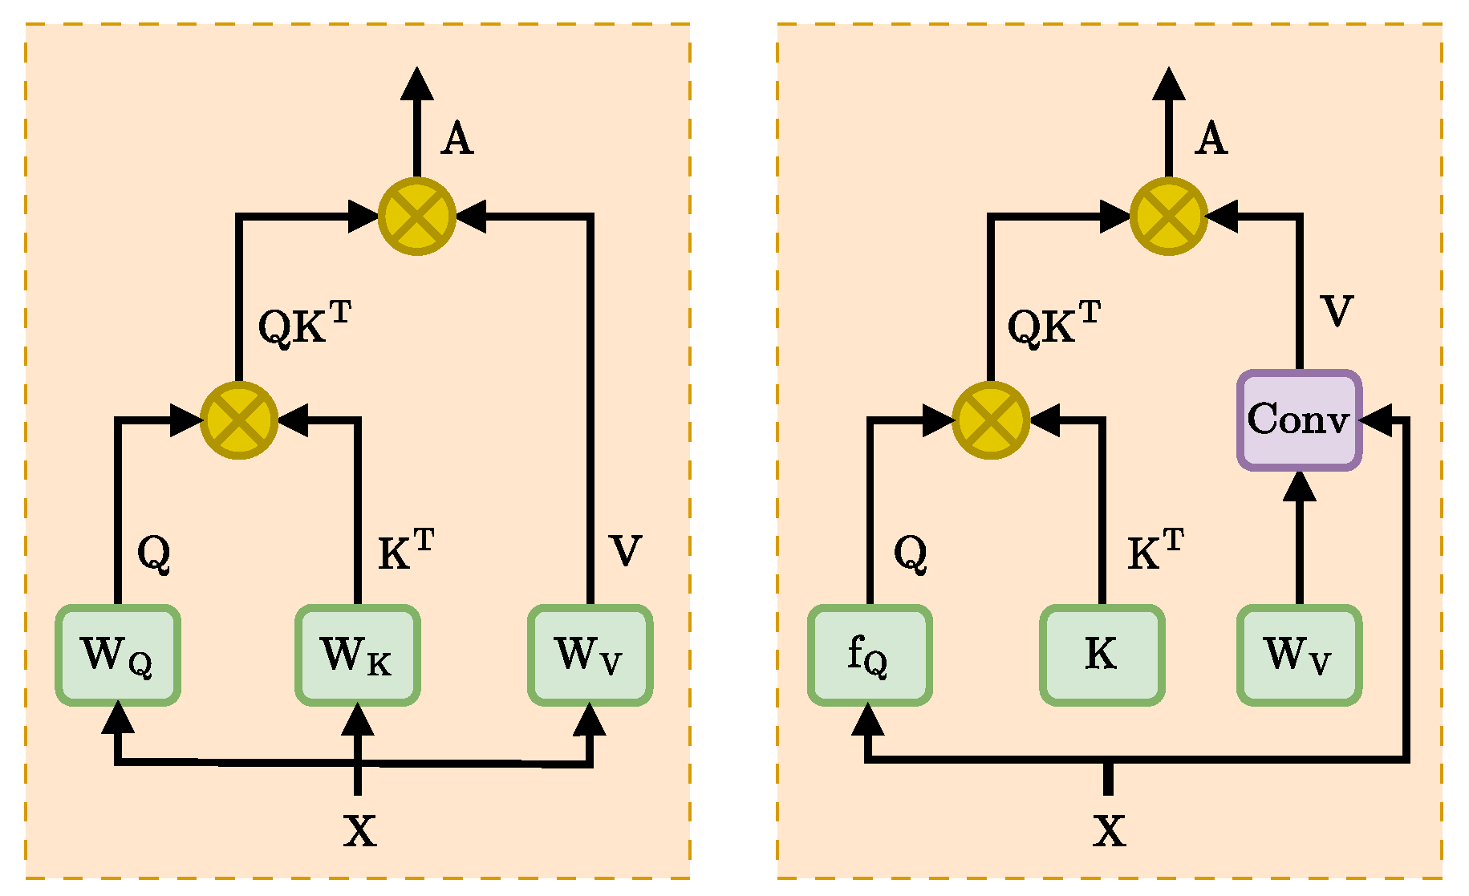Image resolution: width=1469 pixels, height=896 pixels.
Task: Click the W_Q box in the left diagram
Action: pyautogui.click(x=118, y=655)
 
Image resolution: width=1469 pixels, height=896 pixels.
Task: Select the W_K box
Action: pyautogui.click(x=357, y=655)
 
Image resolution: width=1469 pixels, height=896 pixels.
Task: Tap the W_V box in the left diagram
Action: pyautogui.click(x=590, y=655)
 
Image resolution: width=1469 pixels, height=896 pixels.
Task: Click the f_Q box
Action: pyautogui.click(x=870, y=655)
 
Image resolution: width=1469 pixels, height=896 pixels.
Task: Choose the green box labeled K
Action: pyautogui.click(x=1102, y=655)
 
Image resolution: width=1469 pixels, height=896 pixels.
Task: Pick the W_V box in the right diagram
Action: pyautogui.click(x=1299, y=655)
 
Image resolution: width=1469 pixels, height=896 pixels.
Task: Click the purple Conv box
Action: pyautogui.click(x=1299, y=420)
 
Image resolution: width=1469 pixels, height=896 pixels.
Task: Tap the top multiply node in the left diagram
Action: pyautogui.click(x=417, y=217)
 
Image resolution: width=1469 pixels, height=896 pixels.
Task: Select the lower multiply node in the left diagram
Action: pyautogui.click(x=239, y=420)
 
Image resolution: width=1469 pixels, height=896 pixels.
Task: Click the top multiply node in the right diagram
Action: pyautogui.click(x=1169, y=217)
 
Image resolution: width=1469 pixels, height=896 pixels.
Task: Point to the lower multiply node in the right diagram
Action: pyautogui.click(x=991, y=420)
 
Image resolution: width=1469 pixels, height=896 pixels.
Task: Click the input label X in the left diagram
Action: pyautogui.click(x=359, y=831)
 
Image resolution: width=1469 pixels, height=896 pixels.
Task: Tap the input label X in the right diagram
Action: pyautogui.click(x=1109, y=831)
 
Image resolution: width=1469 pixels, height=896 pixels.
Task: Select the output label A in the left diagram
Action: pyautogui.click(x=457, y=139)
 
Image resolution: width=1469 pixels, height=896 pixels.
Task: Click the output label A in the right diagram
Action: pyautogui.click(x=1211, y=139)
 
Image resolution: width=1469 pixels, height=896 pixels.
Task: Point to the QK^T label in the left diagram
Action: pyautogui.click(x=303, y=324)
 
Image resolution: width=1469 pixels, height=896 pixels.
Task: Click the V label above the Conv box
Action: pyautogui.click(x=1337, y=311)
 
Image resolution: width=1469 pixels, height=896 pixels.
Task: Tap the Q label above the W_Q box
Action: pyautogui.click(x=153, y=553)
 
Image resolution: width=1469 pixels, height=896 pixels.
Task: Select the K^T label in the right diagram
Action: pyautogui.click(x=1155, y=550)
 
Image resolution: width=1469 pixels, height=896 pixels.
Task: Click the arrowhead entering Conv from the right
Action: pyautogui.click(x=1375, y=420)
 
